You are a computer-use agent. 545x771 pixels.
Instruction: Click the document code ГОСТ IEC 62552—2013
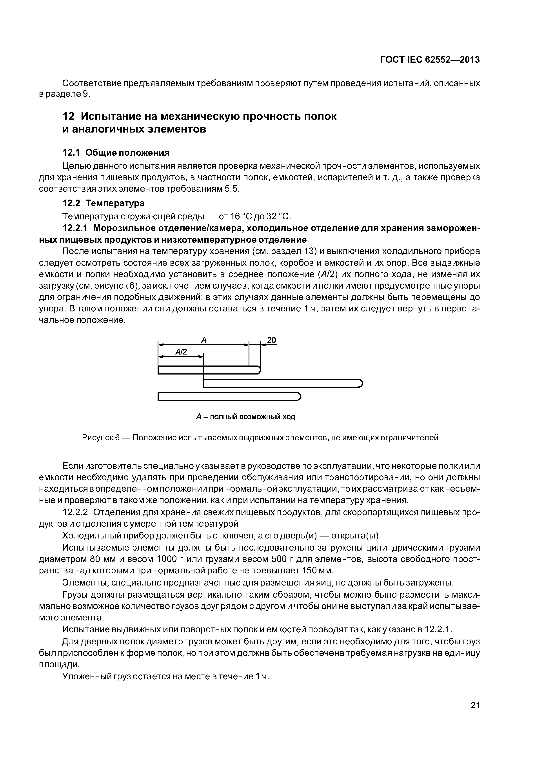pos(430,60)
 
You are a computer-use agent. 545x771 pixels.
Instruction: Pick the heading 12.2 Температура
pos(104,203)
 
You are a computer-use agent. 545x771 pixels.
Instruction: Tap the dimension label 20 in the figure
pos(271,340)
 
